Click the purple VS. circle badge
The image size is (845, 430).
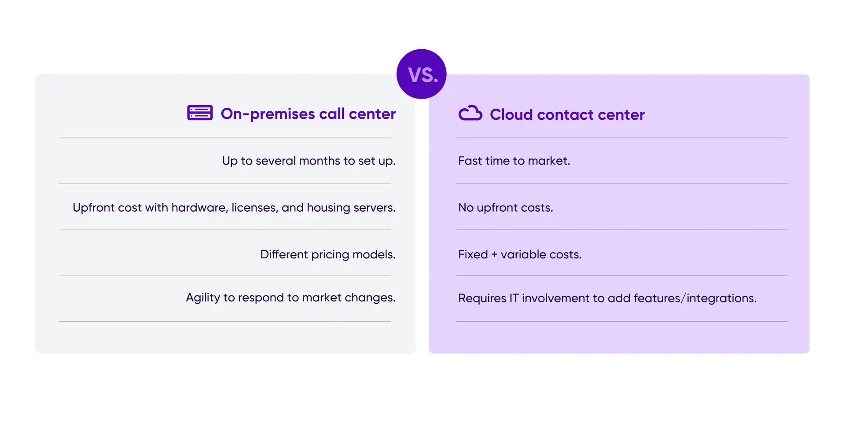point(422,74)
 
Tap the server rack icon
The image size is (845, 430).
point(200,113)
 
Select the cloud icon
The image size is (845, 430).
point(470,113)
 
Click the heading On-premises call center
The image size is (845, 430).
point(308,114)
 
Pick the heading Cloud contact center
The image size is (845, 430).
point(567,114)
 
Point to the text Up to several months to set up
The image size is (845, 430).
point(309,161)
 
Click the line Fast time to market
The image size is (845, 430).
point(514,161)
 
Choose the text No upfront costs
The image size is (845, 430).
point(506,207)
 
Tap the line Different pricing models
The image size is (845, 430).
point(328,254)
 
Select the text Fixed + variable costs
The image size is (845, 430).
point(520,254)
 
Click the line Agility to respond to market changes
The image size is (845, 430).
point(291,298)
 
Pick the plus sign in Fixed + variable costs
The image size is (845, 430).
point(494,254)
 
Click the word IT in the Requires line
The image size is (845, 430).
point(514,298)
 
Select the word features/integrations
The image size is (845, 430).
point(695,298)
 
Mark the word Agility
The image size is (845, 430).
point(203,298)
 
